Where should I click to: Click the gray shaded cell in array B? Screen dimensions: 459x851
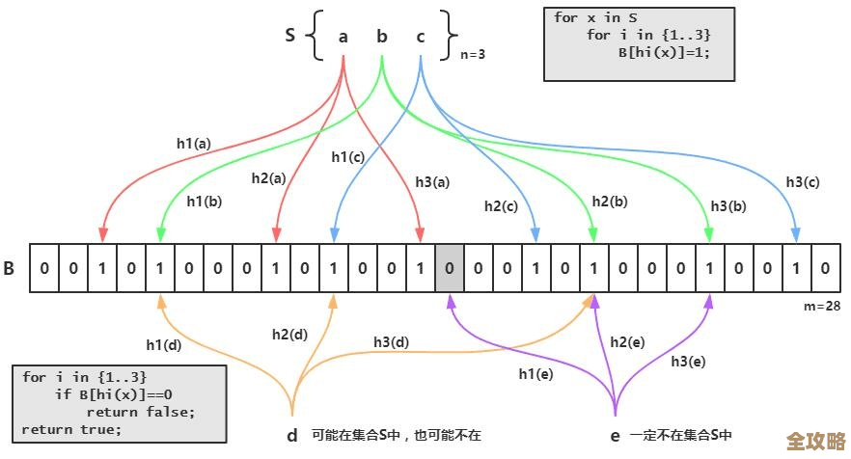tap(450, 267)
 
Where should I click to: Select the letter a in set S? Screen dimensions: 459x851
tap(343, 37)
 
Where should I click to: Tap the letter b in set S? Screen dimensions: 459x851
tap(382, 37)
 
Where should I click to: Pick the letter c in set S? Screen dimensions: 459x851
tap(421, 37)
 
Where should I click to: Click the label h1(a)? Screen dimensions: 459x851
tap(193, 144)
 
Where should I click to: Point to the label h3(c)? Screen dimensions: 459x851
tap(802, 181)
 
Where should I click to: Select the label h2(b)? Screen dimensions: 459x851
tap(610, 201)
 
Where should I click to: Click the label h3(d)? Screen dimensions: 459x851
tap(391, 341)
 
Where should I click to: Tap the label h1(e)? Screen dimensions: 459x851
tap(535, 373)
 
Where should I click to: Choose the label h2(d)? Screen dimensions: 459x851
tap(289, 335)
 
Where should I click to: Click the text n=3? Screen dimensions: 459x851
tap(472, 54)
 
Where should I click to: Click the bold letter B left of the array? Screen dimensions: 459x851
tap(10, 268)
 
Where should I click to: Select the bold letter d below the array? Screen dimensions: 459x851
tap(291, 435)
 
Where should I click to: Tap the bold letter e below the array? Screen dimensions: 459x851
tap(615, 435)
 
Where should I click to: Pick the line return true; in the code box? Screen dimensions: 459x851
tap(71, 429)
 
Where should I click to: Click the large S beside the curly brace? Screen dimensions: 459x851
tap(290, 36)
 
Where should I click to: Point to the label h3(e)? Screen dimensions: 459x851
tap(688, 361)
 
